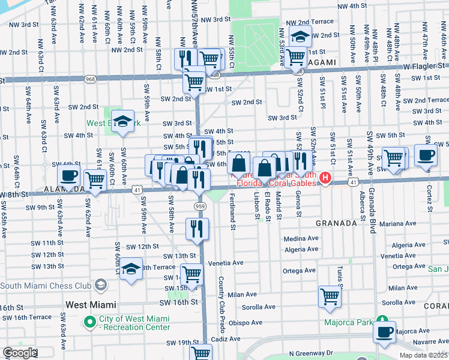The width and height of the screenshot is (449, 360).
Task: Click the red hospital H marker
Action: [325, 178]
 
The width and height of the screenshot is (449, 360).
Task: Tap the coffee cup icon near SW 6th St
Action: [68, 175]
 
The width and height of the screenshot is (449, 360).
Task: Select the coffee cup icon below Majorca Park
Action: [384, 331]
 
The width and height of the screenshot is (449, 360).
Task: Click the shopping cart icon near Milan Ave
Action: [330, 296]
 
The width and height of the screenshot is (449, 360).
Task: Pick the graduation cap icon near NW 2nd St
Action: [300, 37]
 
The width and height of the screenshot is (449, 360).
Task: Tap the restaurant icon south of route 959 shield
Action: [197, 228]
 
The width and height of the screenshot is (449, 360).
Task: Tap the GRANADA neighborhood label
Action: [336, 223]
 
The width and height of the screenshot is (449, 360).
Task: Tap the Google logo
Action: [19, 353]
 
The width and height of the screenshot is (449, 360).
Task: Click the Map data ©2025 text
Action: [423, 355]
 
